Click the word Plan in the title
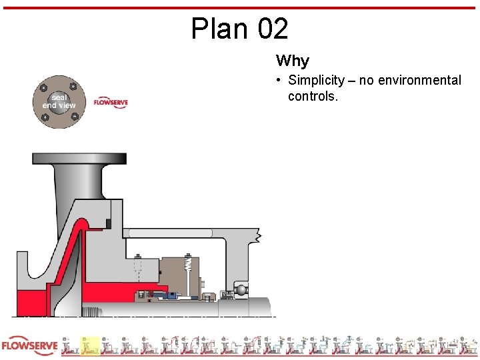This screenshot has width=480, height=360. coord(214,29)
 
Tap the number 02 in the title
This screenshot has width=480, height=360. coord(272,29)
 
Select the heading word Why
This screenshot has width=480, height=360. coord(293,61)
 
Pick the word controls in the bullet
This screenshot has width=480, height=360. coord(313,97)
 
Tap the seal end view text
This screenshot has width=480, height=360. coord(59,101)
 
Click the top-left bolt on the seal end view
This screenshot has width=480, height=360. coord(43,87)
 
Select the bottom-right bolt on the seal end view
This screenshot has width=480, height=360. coord(74,118)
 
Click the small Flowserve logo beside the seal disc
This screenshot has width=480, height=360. coord(111,103)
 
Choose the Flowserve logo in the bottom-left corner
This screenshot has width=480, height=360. coord(29,347)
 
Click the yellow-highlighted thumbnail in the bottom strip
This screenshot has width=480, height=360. coord(90,346)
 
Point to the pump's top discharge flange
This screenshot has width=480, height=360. coord(79,159)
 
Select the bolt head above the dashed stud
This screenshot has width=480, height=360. coord(139,257)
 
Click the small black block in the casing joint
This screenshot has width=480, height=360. coord(107,223)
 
